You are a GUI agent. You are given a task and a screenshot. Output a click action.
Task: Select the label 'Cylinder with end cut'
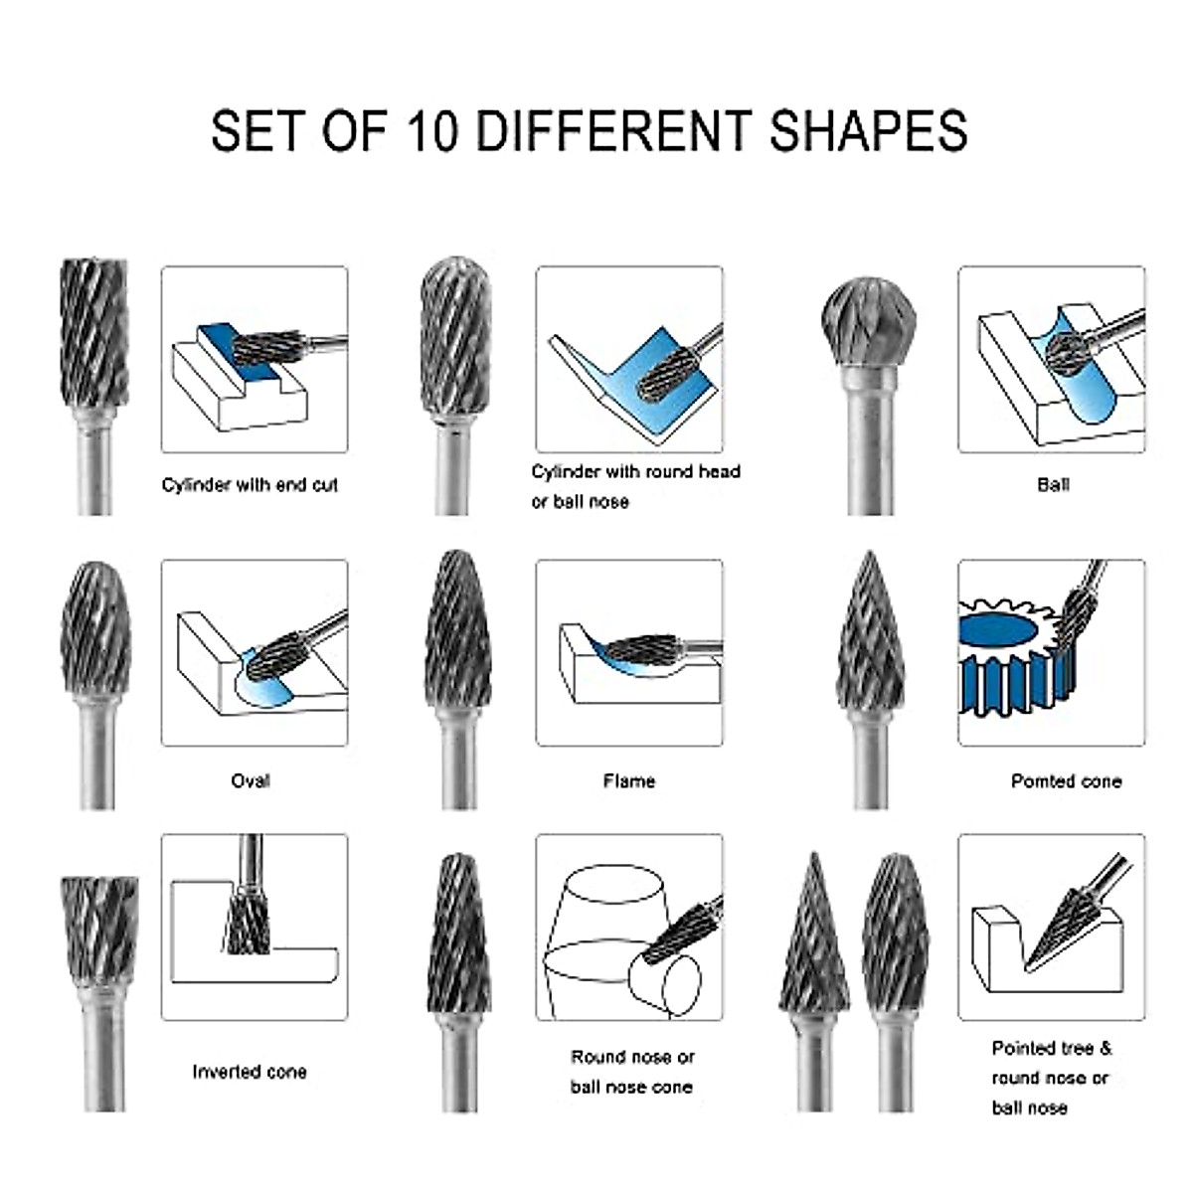pyautogui.click(x=250, y=485)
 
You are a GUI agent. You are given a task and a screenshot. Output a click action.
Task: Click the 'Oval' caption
pyautogui.click(x=250, y=780)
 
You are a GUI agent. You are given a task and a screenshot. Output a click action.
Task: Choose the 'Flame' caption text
pyautogui.click(x=628, y=780)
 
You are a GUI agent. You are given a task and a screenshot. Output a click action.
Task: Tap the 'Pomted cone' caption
pyautogui.click(x=1065, y=781)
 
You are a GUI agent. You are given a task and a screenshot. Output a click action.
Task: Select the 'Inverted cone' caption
pyautogui.click(x=249, y=1072)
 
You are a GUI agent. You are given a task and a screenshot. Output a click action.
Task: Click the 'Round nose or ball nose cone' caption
pyautogui.click(x=631, y=1072)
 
